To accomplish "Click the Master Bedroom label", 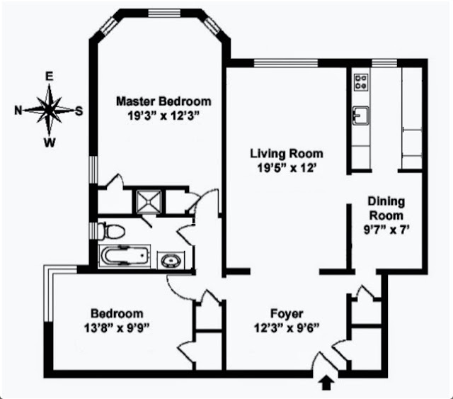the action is click(x=164, y=101).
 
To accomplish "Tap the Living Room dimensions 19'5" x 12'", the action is click(x=286, y=167).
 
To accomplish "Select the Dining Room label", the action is click(x=386, y=208).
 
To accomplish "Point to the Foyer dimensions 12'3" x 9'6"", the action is click(x=287, y=328).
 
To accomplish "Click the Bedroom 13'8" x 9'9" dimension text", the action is click(x=117, y=328).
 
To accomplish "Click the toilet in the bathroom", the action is click(x=112, y=231).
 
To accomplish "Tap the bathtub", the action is click(x=125, y=256).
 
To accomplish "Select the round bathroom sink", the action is click(x=170, y=261).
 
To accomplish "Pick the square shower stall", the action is click(x=149, y=201).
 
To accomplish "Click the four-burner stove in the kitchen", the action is click(x=361, y=82).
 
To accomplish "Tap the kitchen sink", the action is click(x=360, y=116).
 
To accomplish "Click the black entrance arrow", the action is click(x=327, y=383).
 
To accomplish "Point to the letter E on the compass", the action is click(x=50, y=77).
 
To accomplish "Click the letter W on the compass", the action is click(x=50, y=142).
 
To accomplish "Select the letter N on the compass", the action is click(x=18, y=111).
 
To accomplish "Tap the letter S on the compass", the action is click(x=79, y=111).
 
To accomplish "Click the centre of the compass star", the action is click(x=50, y=109).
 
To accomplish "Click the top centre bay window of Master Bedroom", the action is click(x=164, y=13).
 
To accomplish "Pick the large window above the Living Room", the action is click(x=286, y=63).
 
